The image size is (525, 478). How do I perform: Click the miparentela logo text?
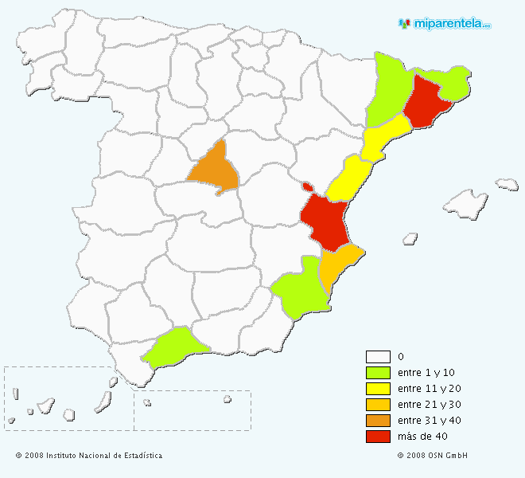[451, 24]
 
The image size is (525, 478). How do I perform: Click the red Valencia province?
[327, 220]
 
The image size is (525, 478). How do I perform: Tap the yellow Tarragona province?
[384, 136]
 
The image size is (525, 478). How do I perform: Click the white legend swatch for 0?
[378, 357]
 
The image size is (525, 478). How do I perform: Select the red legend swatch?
[378, 437]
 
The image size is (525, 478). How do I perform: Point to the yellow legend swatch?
[378, 389]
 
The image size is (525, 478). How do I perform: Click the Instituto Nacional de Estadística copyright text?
[88, 456]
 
